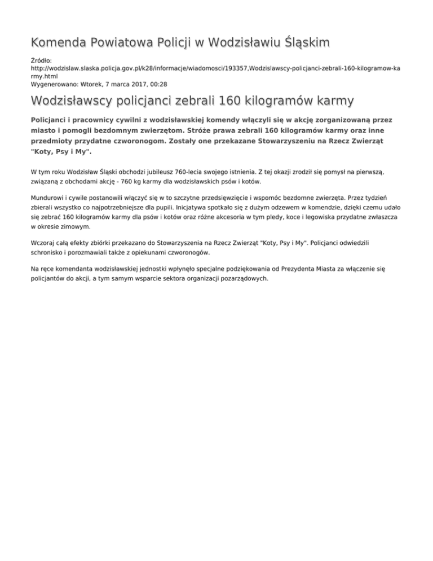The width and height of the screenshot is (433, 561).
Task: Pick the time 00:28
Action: click(x=158, y=84)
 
